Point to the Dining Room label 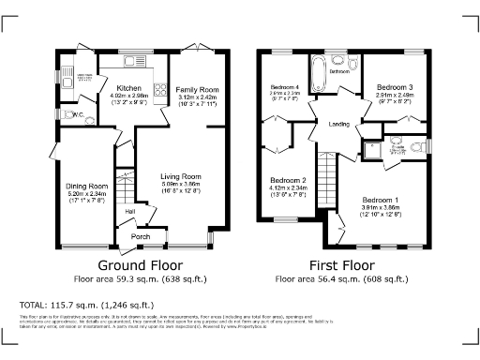coord(87,186)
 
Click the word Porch coord(141,236)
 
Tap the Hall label coord(130,211)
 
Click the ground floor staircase coord(124,183)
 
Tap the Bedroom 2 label coord(289,180)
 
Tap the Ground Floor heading coord(140,265)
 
